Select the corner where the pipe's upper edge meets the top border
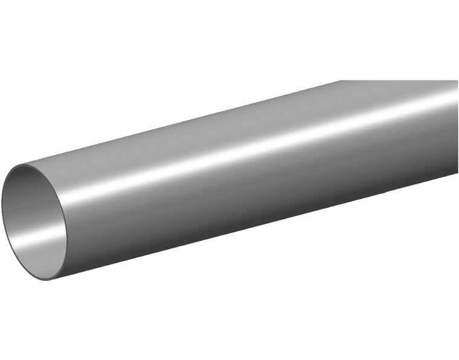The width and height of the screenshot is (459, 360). click(342, 81)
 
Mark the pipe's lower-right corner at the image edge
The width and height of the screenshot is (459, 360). click(457, 175)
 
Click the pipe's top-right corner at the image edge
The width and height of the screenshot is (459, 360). click(457, 81)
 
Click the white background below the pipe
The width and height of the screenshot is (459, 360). click(242, 302)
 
